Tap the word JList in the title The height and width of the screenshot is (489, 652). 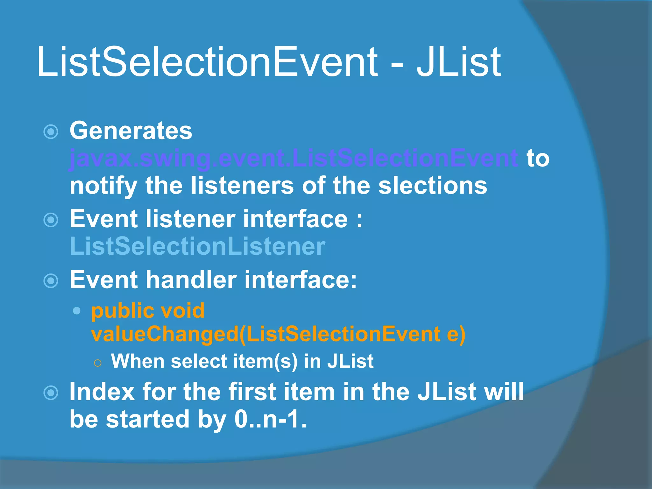458,62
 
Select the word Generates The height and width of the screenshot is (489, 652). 131,131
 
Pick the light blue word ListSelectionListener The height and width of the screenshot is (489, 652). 197,246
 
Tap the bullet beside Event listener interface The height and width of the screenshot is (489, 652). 51,220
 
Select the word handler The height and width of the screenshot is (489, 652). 191,280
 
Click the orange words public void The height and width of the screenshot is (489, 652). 148,311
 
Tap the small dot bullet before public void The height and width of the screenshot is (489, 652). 76,311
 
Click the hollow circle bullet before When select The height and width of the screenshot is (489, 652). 98,363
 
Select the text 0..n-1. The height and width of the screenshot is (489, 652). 270,419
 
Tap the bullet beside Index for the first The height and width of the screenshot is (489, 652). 51,393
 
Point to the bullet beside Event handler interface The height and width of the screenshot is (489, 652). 51,281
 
